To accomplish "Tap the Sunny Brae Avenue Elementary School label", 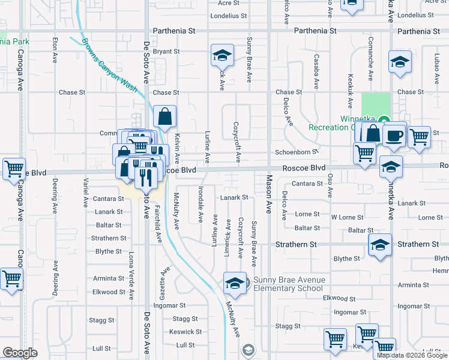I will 289,284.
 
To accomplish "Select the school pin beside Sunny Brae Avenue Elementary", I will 235,283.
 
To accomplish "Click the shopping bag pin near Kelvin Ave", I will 164,116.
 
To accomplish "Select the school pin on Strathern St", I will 379,245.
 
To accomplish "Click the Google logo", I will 20,353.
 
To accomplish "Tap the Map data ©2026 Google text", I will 412,355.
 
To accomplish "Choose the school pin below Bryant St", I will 221,56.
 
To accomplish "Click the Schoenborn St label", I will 295,152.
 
